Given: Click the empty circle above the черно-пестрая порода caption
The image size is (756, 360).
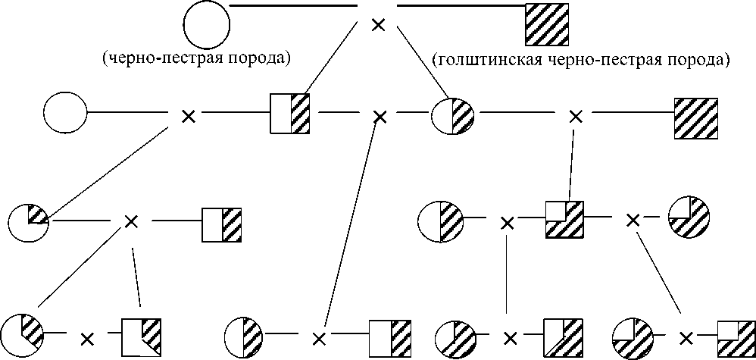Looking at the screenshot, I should (208, 25).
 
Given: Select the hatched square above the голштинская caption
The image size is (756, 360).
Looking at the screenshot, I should (547, 25).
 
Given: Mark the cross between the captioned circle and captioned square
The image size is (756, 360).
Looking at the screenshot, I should (376, 25).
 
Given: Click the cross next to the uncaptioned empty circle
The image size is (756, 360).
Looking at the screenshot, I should (188, 116).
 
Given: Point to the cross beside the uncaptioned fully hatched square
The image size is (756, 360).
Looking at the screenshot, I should (576, 116).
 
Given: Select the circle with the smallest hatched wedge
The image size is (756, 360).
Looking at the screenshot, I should (30, 221).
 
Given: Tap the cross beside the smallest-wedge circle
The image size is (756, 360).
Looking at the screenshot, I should (131, 221).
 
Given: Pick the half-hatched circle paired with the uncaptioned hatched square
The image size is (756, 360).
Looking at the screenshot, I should (453, 116).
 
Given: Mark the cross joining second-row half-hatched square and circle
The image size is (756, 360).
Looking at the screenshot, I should (380, 116).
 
